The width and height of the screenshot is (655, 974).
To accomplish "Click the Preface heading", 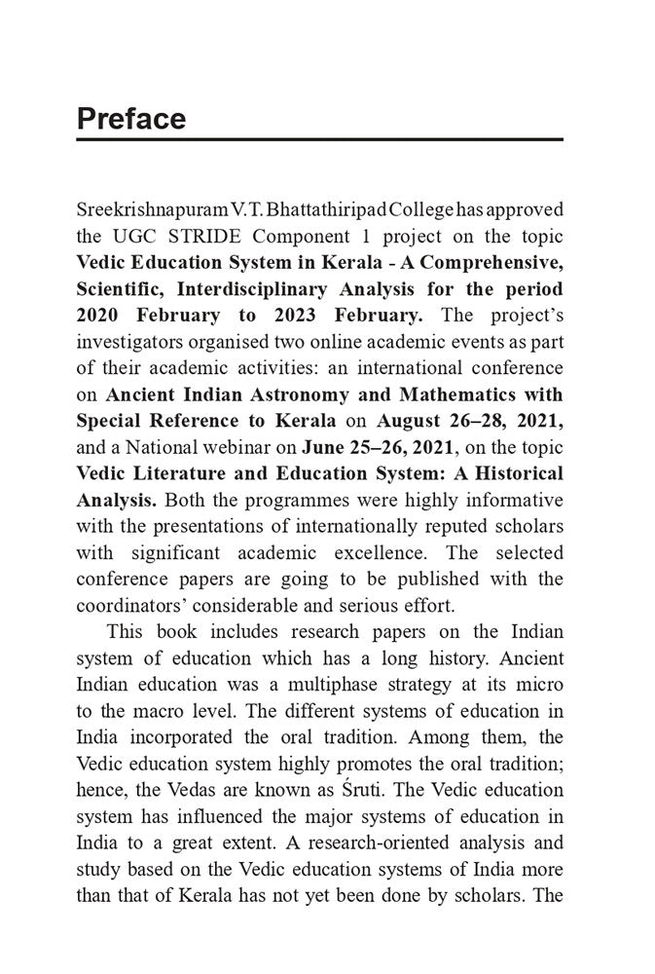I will click(x=130, y=119).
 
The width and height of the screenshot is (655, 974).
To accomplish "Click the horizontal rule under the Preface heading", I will click(x=319, y=140).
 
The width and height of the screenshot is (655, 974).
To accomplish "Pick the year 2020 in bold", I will click(x=101, y=316).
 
